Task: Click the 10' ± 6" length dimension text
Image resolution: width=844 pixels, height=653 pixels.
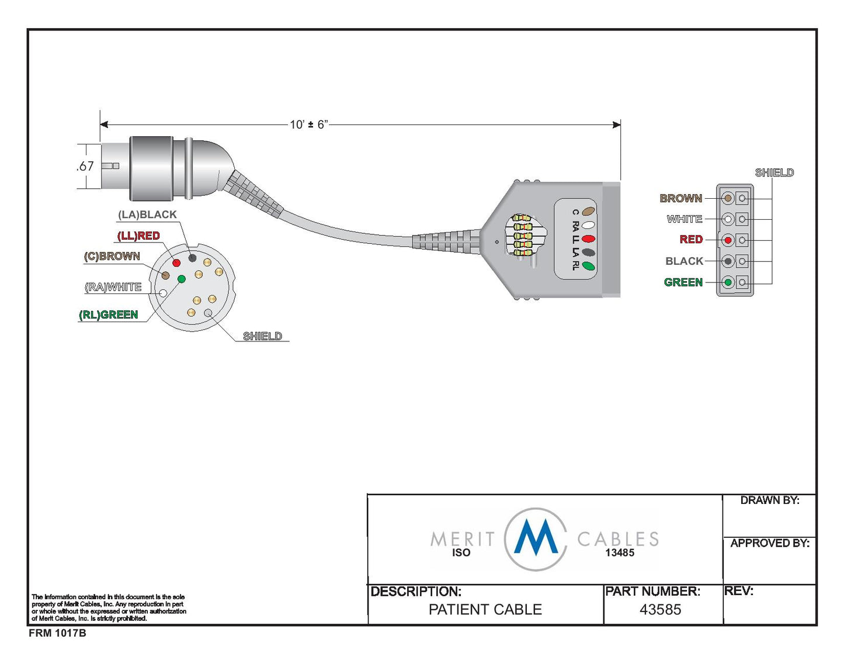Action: [x=309, y=125]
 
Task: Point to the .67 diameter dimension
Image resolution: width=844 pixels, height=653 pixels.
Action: [x=85, y=166]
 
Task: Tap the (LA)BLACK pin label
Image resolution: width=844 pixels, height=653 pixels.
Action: [x=147, y=215]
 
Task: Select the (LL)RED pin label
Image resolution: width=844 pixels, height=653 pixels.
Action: [x=138, y=236]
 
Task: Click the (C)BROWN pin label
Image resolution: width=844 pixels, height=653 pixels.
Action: [x=112, y=256]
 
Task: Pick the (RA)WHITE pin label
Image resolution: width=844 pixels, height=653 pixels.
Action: [x=113, y=287]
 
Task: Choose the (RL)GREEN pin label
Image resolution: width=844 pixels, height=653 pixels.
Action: [x=109, y=315]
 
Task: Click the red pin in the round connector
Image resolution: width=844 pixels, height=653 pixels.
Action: [x=176, y=262]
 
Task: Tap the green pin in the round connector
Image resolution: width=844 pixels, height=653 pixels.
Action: [x=181, y=279]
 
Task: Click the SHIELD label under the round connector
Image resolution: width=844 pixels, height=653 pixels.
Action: [x=262, y=336]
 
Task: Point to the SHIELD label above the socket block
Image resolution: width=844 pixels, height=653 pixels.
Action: [x=774, y=172]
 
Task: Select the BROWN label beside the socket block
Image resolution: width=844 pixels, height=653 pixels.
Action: [x=681, y=198]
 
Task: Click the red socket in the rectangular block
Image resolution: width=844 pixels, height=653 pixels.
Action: [x=728, y=240]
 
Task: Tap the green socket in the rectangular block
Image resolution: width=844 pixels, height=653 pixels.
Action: [x=728, y=282]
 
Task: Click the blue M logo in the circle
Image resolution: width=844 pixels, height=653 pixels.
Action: [x=536, y=538]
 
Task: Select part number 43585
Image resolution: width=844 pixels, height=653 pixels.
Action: [x=660, y=610]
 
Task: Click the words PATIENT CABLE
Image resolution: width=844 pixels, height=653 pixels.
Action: [x=485, y=610]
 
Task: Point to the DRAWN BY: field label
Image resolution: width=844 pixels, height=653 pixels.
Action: [x=770, y=500]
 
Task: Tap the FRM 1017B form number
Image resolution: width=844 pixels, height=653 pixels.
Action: [x=57, y=633]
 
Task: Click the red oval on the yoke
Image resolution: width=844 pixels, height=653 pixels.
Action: [x=588, y=239]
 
